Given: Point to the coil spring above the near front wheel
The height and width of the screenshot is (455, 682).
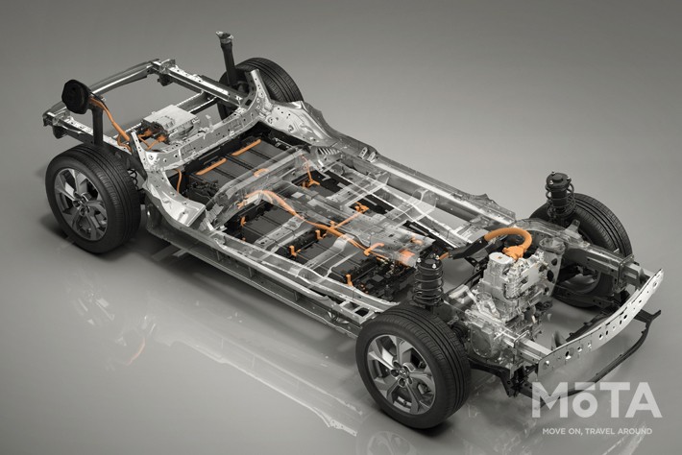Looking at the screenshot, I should point(428,277).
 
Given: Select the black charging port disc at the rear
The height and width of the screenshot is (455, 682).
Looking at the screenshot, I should point(76,96).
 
